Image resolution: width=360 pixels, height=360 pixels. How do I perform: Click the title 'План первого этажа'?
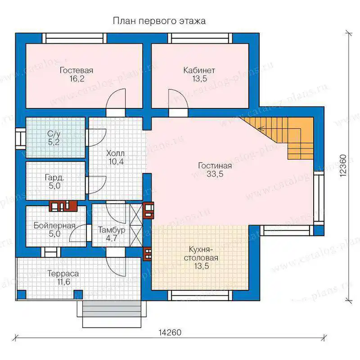pyautogui.click(x=159, y=21)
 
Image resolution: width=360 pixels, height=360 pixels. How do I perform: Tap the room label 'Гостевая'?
pyautogui.click(x=76, y=70)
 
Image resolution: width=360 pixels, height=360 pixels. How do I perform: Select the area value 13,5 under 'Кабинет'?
pyautogui.click(x=199, y=79)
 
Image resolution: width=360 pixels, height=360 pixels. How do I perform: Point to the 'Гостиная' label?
pyautogui.click(x=215, y=166)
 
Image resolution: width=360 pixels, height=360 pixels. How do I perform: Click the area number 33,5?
pyautogui.click(x=215, y=174)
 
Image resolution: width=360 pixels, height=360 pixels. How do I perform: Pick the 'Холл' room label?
pyautogui.click(x=116, y=153)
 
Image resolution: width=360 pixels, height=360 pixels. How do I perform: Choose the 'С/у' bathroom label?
pyautogui.click(x=54, y=134)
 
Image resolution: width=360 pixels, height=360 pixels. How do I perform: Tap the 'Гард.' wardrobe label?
pyautogui.click(x=54, y=177)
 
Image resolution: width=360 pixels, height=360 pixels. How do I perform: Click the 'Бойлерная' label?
pyautogui.click(x=54, y=225)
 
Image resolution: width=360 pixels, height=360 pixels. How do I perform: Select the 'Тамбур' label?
pyautogui.click(x=112, y=230)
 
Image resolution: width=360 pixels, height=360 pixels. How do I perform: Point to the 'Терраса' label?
pyautogui.click(x=63, y=274)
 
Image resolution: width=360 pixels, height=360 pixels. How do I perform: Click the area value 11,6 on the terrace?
pyautogui.click(x=64, y=282)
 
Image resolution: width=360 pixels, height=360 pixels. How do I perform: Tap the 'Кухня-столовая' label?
pyautogui.click(x=201, y=253)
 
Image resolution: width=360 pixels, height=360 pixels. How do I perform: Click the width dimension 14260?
pyautogui.click(x=170, y=333)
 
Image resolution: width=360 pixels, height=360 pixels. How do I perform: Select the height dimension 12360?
pyautogui.click(x=343, y=165)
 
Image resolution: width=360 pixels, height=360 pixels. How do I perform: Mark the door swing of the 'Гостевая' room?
pyautogui.click(x=116, y=99)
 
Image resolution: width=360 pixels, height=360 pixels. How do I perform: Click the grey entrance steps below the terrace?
pyautogui.click(x=112, y=309)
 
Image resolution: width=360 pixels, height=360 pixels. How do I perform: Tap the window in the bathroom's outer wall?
pyautogui.click(x=21, y=139)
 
